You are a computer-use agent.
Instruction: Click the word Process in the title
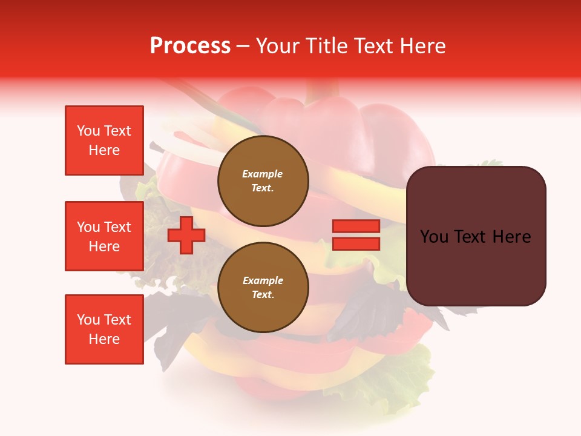tap(190, 46)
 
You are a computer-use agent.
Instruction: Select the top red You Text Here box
tap(104, 140)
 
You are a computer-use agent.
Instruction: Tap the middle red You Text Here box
tap(104, 236)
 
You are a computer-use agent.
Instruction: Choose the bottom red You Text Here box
tap(104, 329)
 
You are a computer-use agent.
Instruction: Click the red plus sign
tap(186, 235)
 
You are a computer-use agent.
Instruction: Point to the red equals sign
tap(356, 235)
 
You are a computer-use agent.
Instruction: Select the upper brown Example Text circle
tap(263, 180)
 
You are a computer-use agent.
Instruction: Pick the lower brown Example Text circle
tap(263, 287)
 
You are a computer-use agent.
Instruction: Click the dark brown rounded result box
tap(476, 236)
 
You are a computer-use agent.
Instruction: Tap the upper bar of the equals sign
tap(356, 226)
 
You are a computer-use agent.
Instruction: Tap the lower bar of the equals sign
tap(356, 243)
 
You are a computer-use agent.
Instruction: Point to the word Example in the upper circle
tap(262, 174)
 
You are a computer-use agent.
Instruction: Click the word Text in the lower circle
tap(262, 294)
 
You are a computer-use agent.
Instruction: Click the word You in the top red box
tap(88, 131)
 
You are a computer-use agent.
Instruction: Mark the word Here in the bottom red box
tap(104, 339)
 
